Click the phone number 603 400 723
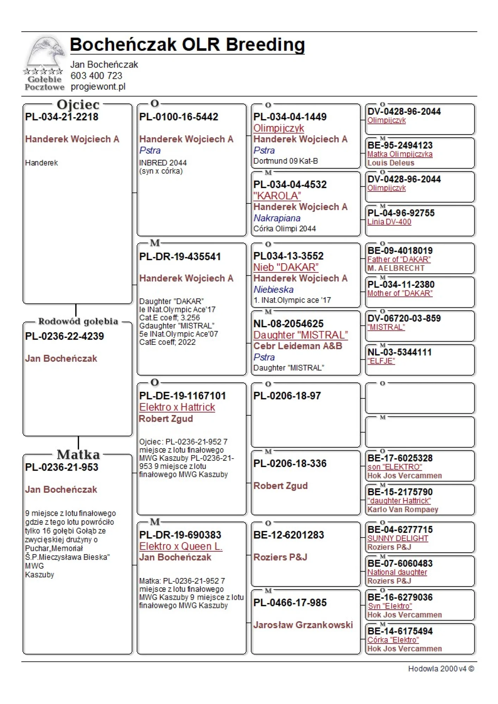(x=96, y=76)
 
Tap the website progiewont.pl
(x=98, y=87)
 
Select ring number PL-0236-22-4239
(x=64, y=336)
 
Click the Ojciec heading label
(x=78, y=105)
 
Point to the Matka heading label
(x=78, y=454)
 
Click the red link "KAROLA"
(x=277, y=196)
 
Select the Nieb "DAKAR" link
(x=286, y=267)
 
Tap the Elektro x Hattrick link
(x=177, y=407)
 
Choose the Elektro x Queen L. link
(x=181, y=546)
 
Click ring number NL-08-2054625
(x=288, y=323)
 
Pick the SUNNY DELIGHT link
(x=398, y=539)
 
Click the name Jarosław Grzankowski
(x=303, y=625)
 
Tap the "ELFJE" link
(x=381, y=361)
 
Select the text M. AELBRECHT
(x=396, y=268)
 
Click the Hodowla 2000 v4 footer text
(x=441, y=669)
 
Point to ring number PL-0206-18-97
(x=287, y=396)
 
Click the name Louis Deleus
(x=391, y=163)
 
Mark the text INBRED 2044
(x=163, y=163)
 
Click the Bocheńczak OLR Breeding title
(x=187, y=45)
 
